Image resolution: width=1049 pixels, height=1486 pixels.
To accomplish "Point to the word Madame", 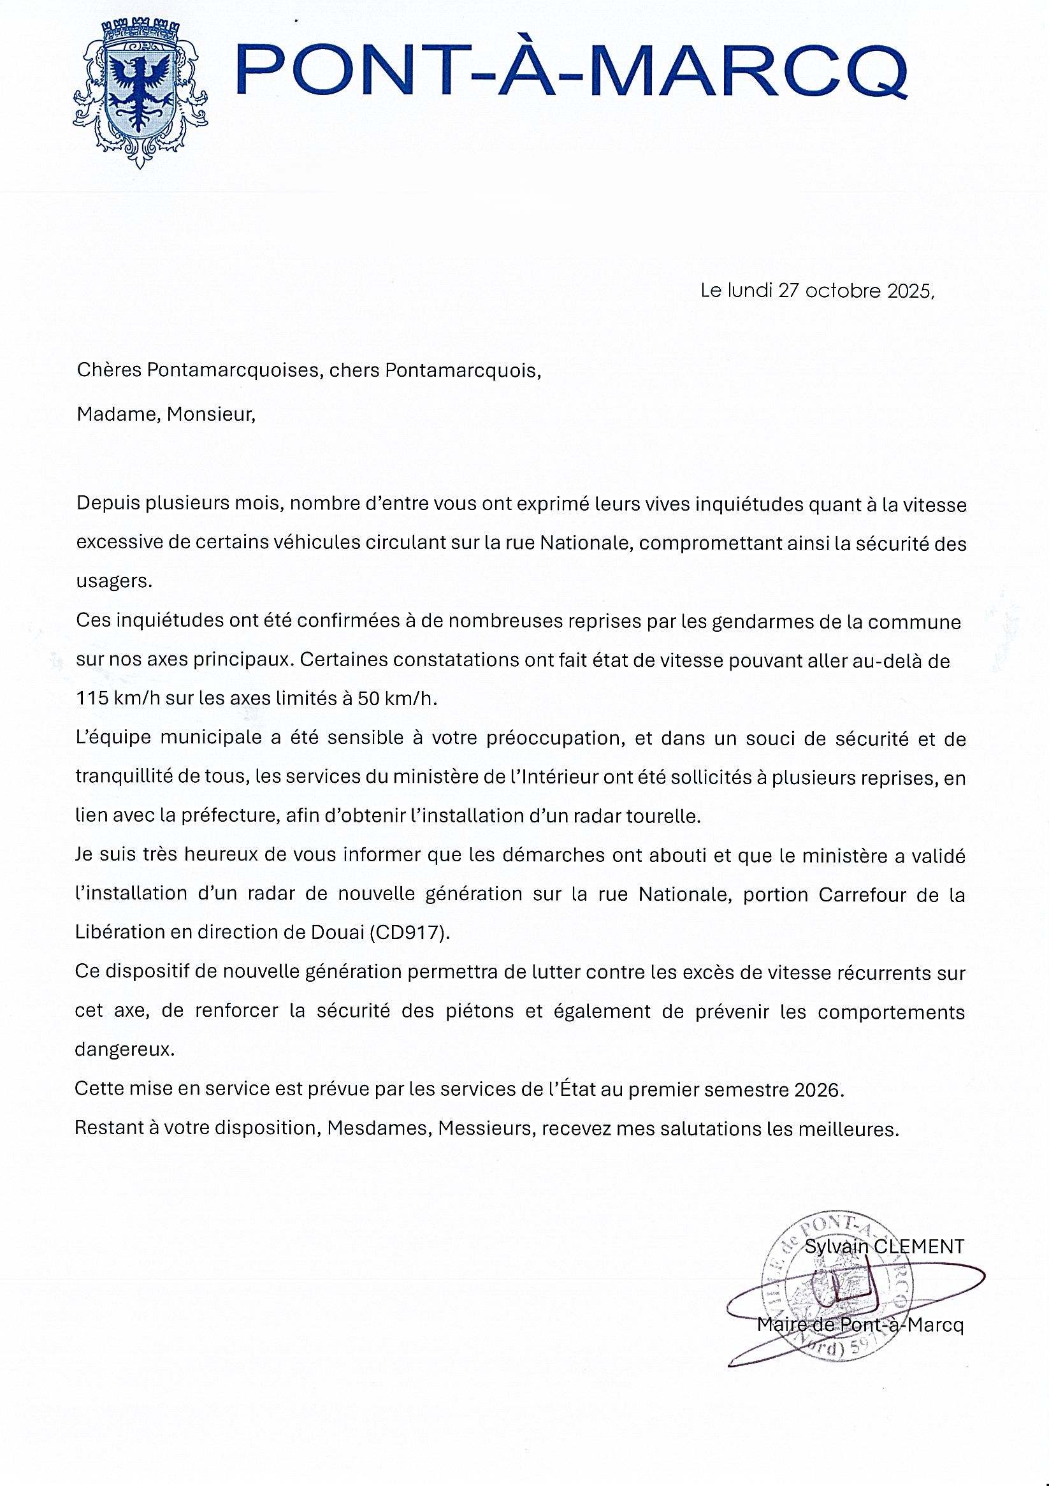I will [118, 414].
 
